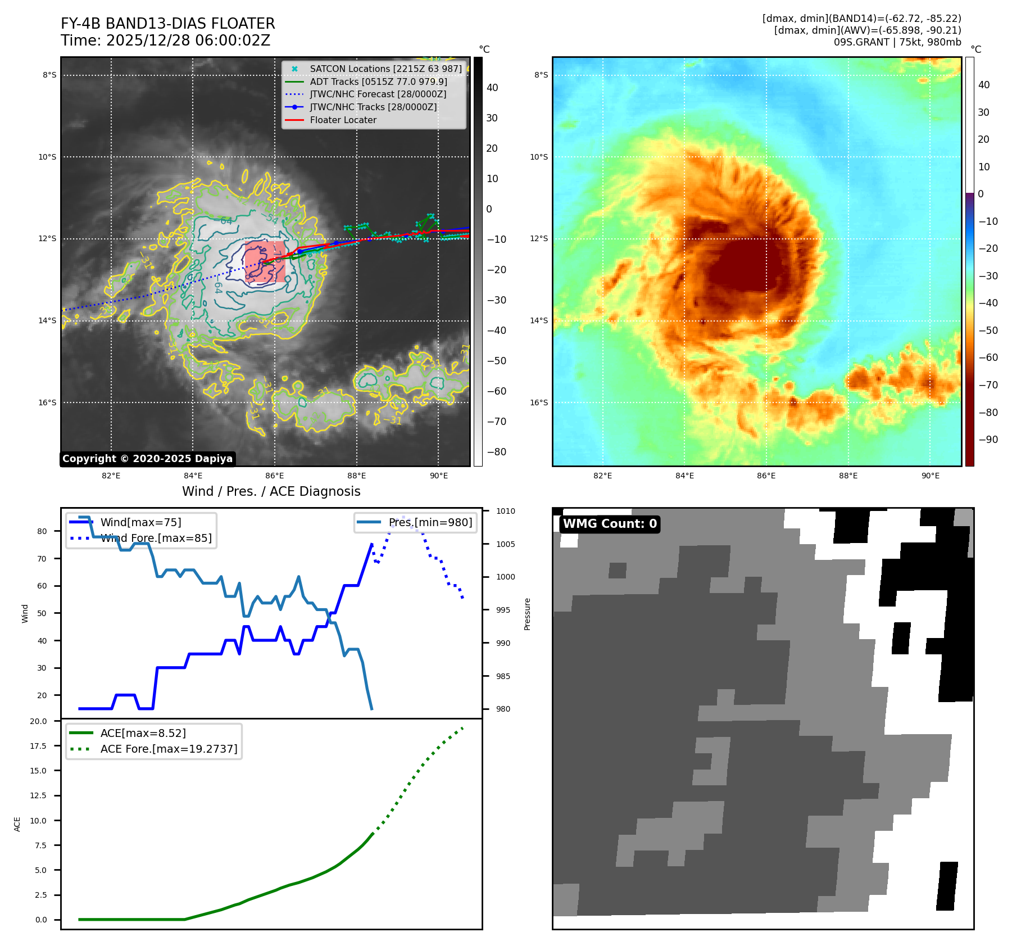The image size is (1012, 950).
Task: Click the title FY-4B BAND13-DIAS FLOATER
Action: (167, 24)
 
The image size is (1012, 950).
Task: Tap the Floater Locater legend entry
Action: (343, 120)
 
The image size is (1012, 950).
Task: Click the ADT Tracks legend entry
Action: (378, 82)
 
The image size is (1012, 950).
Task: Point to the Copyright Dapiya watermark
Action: (147, 459)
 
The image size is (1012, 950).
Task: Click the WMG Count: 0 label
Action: (610, 524)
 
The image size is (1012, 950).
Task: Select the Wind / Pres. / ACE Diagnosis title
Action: (271, 491)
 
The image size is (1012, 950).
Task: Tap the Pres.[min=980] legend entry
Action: (430, 522)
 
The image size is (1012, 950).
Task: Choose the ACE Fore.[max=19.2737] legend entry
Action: (169, 749)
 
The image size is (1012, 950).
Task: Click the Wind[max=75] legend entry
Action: (140, 522)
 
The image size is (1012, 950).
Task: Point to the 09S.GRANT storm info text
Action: (897, 42)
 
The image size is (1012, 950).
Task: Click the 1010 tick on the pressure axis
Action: (505, 511)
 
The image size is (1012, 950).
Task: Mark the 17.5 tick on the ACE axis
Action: (38, 746)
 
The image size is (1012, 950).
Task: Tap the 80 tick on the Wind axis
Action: (42, 531)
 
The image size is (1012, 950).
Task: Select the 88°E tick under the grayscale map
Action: (356, 476)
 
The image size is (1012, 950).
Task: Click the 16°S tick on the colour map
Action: (539, 402)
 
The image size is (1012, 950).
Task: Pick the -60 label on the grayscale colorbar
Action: (496, 391)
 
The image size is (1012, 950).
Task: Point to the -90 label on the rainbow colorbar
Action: (988, 440)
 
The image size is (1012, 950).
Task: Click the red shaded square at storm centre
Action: (265, 261)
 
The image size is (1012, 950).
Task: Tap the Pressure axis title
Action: (527, 614)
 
